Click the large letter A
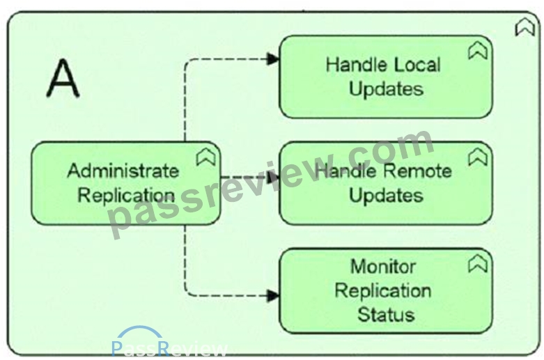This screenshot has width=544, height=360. click(x=63, y=78)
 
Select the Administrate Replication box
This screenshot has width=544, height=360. click(x=125, y=183)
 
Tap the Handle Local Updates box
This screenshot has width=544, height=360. click(x=386, y=77)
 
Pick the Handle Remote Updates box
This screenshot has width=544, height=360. click(x=386, y=183)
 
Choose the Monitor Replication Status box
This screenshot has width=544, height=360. click(x=386, y=290)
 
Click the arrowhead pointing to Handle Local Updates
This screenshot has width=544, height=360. click(x=272, y=59)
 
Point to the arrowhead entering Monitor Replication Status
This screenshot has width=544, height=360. click(x=272, y=296)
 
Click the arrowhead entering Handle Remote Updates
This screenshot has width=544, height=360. click(x=273, y=178)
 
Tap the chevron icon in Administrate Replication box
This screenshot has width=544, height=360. click(x=206, y=157)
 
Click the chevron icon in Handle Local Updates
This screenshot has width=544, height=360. click(x=478, y=51)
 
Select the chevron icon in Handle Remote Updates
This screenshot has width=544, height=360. click(x=478, y=157)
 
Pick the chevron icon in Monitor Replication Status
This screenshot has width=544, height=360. click(x=478, y=264)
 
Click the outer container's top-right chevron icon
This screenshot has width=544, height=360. click(x=524, y=27)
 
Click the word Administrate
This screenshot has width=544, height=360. click(x=123, y=171)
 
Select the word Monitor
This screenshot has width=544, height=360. click(x=383, y=267)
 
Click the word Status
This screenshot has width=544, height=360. click(x=386, y=315)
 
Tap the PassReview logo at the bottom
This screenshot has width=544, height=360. click(x=169, y=343)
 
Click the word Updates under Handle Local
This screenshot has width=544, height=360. click(x=386, y=89)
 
